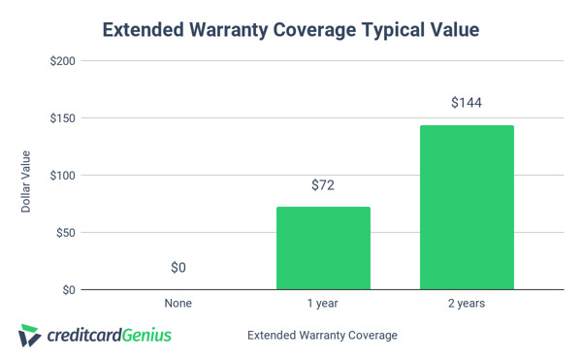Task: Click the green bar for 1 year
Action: pos(323,247)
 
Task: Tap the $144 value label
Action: pos(467,103)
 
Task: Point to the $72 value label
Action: pos(323,184)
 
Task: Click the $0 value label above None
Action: pos(178,267)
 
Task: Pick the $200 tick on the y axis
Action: pos(63,61)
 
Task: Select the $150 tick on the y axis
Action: pos(63,118)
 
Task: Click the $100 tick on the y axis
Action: pos(63,176)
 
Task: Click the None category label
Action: pos(178,304)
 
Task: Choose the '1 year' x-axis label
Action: pos(323,304)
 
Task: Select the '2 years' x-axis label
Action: pos(467,304)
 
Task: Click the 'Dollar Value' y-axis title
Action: pos(26,181)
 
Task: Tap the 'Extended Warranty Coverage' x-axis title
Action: pos(322,336)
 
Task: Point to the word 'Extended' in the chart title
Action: pos(144,31)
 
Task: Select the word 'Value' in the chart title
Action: pos(449,31)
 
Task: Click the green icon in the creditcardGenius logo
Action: pos(30,335)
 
